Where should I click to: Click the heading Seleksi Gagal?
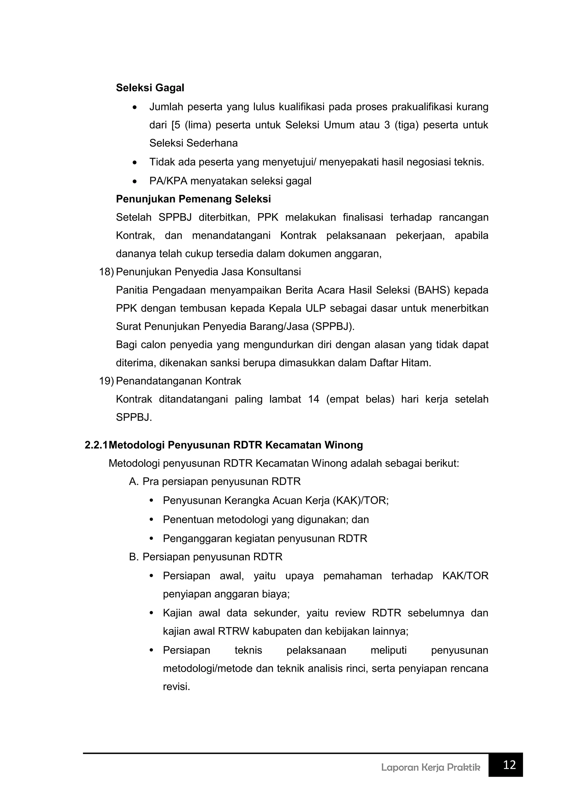tap(150, 88)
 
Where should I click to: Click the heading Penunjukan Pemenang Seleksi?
tap(193, 199)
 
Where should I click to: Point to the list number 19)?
tap(106, 381)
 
